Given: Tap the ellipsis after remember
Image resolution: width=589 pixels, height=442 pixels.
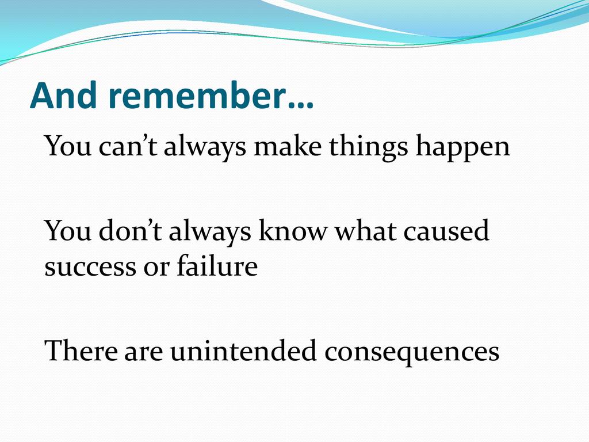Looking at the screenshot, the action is [300, 106].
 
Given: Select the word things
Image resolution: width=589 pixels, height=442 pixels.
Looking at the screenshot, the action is [368, 147].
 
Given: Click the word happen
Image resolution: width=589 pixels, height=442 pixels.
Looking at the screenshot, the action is [463, 148].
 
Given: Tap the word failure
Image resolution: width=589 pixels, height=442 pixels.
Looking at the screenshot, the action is [217, 265].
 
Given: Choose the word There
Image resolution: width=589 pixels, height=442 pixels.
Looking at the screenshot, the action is [81, 350].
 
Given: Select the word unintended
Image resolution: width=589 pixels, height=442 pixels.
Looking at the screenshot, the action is [243, 350].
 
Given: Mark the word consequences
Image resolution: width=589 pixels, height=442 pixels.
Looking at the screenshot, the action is [412, 354].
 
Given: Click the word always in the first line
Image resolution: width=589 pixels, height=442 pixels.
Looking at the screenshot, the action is [205, 147].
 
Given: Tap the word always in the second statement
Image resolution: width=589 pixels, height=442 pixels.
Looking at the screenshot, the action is [210, 232].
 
